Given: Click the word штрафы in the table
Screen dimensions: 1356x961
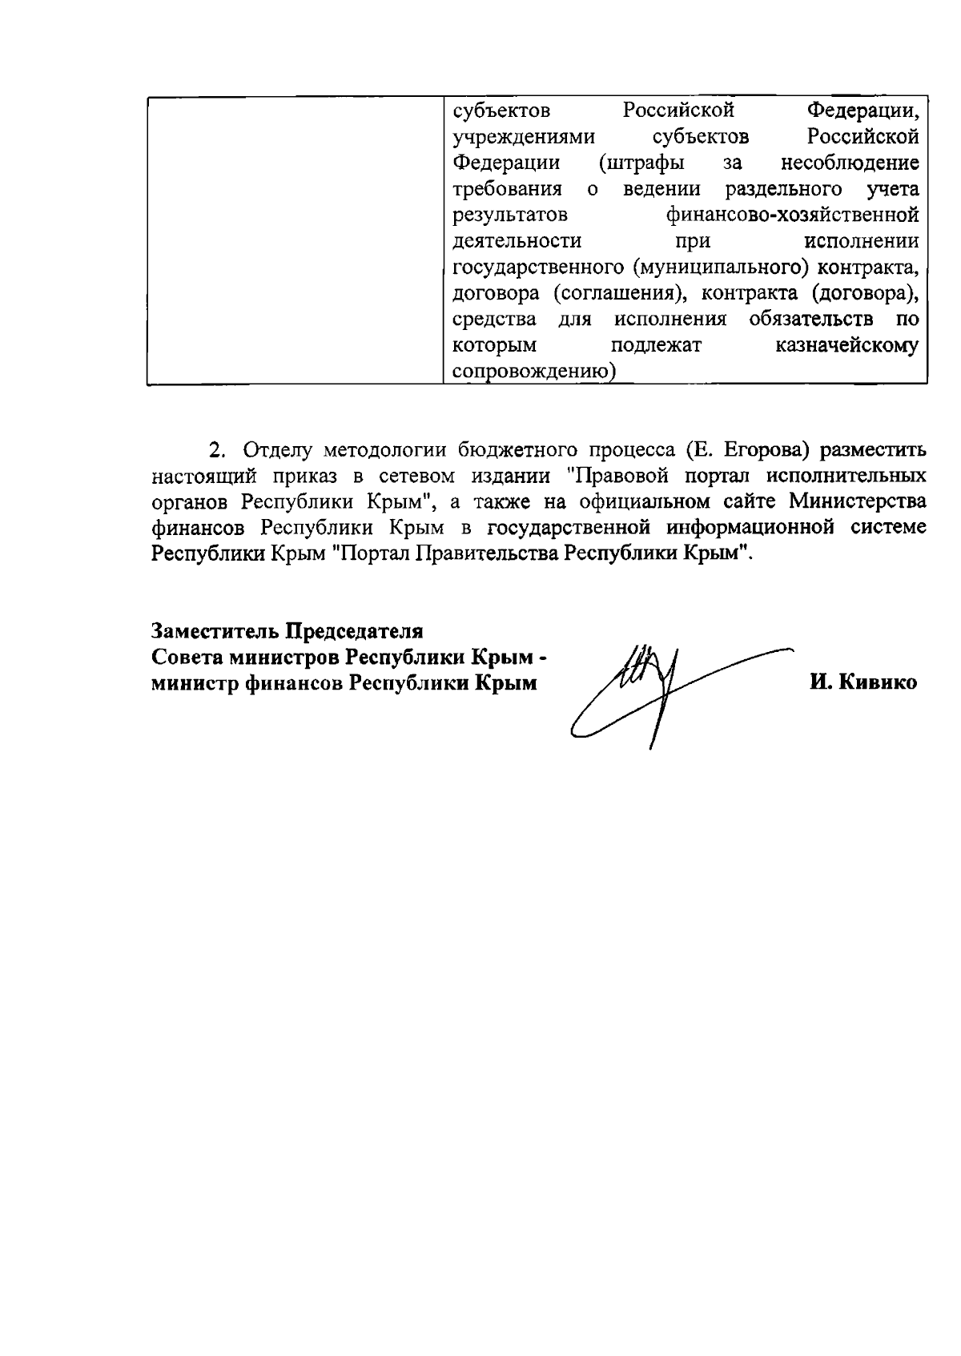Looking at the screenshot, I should coord(641,163).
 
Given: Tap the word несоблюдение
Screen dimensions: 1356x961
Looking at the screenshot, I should coord(850,163).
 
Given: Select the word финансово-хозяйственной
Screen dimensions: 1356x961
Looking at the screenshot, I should coord(792,215).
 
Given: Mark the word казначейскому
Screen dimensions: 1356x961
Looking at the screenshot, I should coord(847,346).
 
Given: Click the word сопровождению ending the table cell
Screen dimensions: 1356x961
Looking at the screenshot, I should coord(531,372).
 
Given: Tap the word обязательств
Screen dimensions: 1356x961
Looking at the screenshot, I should coord(811,320).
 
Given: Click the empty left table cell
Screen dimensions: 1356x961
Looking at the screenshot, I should coord(295,240).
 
